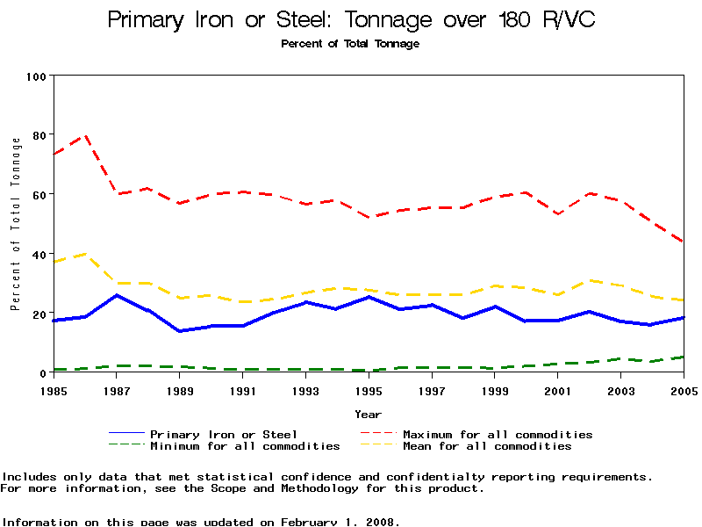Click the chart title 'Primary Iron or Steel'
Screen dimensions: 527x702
[351, 20]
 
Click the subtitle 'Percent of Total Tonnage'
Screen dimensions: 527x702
[350, 44]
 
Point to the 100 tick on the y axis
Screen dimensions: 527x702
[35, 76]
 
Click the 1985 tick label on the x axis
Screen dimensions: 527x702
[54, 390]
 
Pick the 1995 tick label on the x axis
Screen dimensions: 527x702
[369, 390]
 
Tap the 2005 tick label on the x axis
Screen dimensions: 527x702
[684, 390]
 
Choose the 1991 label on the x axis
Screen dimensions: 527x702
[243, 390]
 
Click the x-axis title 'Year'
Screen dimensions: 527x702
[368, 414]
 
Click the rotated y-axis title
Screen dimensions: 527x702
[15, 224]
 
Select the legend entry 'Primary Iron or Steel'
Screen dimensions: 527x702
[223, 434]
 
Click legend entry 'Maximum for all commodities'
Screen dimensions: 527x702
[498, 434]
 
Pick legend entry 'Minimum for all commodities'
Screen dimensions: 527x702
[244, 446]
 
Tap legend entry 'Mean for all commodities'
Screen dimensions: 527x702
[486, 446]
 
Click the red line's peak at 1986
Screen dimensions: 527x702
[85, 135]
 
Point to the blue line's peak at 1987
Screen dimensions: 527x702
[117, 295]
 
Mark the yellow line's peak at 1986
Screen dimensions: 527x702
[85, 254]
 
